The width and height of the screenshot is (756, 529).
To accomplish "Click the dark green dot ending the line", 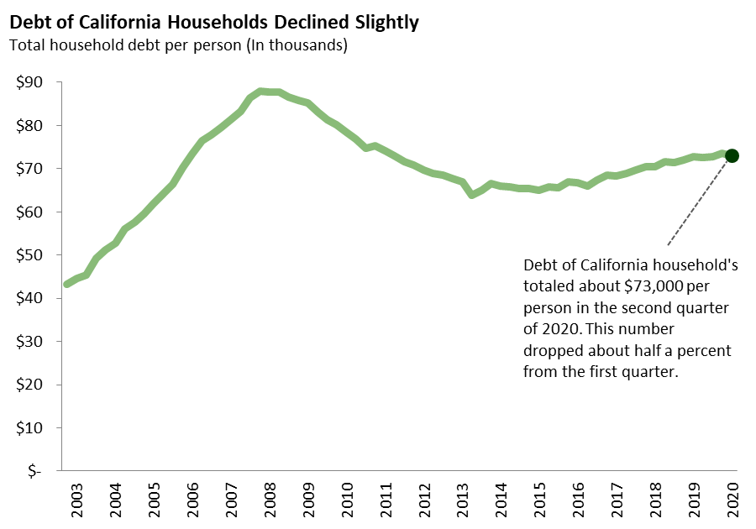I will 732,155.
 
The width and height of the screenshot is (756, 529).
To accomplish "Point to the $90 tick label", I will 31,82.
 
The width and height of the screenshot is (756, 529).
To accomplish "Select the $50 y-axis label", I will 31,255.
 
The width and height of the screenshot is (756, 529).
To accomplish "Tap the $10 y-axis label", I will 31,428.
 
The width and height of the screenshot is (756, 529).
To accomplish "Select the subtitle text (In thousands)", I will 295,45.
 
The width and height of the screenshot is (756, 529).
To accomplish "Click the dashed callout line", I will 697,202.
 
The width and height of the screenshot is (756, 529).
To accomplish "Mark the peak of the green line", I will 262,91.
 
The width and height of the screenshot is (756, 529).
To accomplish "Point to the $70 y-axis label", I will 31,169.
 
